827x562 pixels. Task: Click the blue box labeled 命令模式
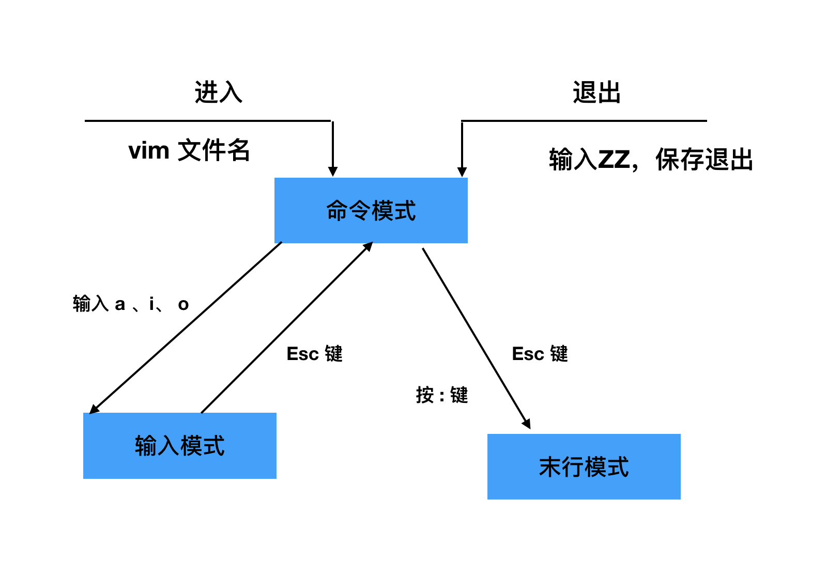[x=371, y=210]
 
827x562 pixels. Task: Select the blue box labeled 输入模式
[x=179, y=445]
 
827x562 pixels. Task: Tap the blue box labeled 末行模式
[x=584, y=466]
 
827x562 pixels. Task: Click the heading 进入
[x=218, y=92]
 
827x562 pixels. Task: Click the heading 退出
[x=596, y=92]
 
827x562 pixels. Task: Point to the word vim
[x=149, y=151]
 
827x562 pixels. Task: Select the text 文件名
[x=214, y=150]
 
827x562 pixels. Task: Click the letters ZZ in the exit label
[x=614, y=159]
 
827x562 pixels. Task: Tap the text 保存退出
[x=704, y=159]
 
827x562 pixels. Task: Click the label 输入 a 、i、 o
[x=131, y=304]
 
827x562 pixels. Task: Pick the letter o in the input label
[x=183, y=305]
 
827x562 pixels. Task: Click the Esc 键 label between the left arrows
[x=314, y=354]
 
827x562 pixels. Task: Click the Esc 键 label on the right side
[x=540, y=354]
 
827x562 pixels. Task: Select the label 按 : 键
[x=442, y=395]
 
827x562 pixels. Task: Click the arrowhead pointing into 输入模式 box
[x=94, y=410]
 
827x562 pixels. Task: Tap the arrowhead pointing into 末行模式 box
[x=527, y=424]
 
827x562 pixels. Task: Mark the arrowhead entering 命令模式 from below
[x=368, y=246]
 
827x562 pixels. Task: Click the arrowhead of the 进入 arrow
[x=333, y=171]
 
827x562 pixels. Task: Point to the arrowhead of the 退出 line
[x=462, y=171]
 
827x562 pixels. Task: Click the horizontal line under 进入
[x=207, y=121]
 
